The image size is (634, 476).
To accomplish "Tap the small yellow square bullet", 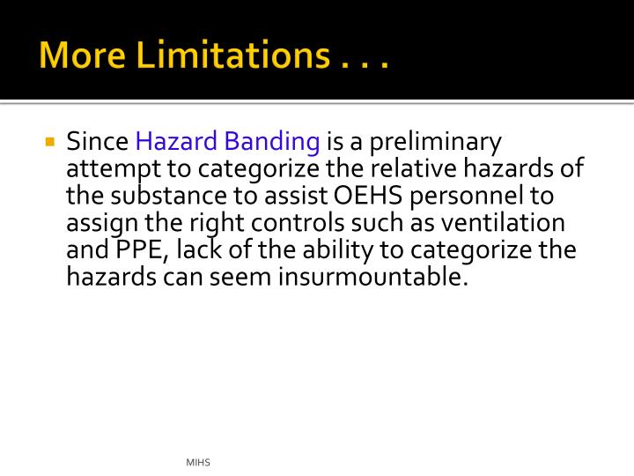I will (x=50, y=141).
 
